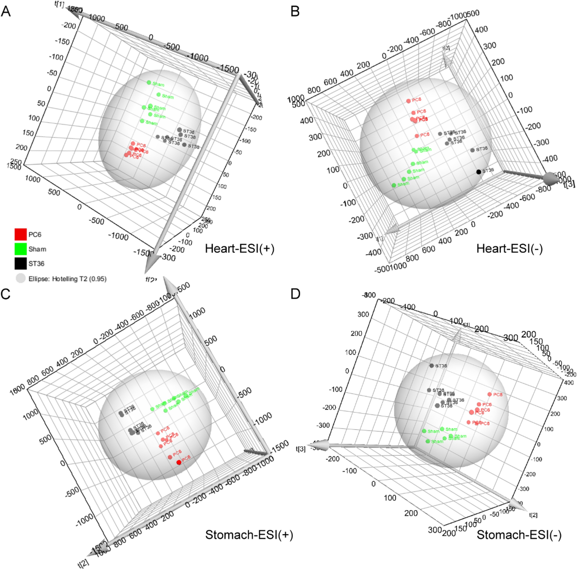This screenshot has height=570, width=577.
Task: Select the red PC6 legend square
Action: (x=21, y=234)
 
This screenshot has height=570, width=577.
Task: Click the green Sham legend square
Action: (x=21, y=249)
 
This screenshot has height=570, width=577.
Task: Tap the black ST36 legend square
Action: (x=21, y=263)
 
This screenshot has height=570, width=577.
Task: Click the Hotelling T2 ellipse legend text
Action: (x=68, y=279)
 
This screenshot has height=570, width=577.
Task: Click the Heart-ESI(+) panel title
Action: (x=239, y=249)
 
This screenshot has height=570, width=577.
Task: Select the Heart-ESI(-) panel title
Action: (x=509, y=249)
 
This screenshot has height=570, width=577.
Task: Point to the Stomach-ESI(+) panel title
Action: (x=249, y=534)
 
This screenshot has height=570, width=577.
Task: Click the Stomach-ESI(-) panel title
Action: (x=519, y=534)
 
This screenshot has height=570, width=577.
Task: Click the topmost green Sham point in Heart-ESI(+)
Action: (x=149, y=83)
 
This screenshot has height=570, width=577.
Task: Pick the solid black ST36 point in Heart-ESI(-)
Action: (x=479, y=172)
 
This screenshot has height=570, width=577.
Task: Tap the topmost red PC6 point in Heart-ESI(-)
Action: (x=409, y=101)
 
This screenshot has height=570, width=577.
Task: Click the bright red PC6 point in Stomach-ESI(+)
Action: (x=179, y=462)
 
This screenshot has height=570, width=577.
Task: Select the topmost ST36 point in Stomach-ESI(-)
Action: (x=432, y=366)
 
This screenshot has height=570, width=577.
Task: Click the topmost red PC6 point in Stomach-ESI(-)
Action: (x=490, y=394)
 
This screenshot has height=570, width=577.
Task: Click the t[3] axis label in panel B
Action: (x=569, y=184)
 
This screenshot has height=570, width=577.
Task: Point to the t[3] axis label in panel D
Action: (x=301, y=449)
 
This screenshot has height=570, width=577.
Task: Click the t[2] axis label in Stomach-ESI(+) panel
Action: (x=83, y=563)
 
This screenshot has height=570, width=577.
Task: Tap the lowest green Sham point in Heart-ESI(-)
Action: (x=394, y=185)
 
